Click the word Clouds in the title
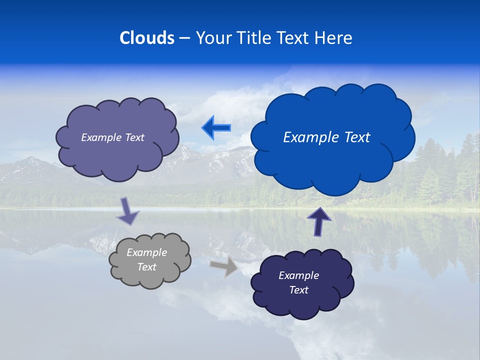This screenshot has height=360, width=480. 147,38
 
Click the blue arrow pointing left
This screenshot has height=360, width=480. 216,128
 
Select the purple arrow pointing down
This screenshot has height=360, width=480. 127,211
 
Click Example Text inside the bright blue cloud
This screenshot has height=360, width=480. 326,137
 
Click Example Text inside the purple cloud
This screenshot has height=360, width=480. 112,137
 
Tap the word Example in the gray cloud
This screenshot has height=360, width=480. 147,252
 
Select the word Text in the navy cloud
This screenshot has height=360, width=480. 298,290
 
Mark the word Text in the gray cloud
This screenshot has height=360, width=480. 147,267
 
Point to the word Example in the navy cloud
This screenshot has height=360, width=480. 298,275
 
